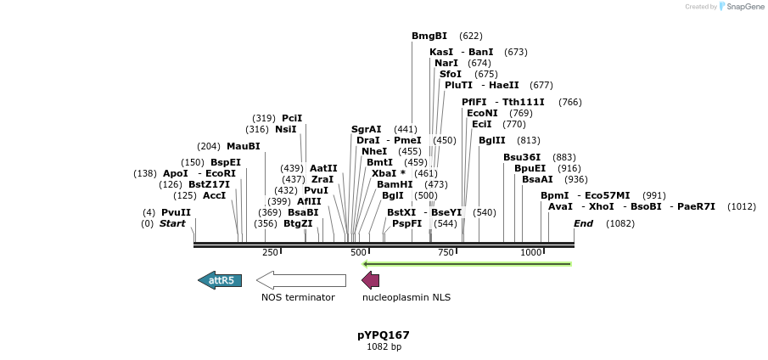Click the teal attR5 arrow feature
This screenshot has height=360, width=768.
220,280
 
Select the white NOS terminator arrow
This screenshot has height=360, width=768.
301,280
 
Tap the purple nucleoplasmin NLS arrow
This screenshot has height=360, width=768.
370,280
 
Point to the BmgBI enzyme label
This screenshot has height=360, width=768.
429,37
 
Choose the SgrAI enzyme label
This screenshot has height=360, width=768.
367,130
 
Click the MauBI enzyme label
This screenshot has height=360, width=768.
244,146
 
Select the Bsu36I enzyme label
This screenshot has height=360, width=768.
522,157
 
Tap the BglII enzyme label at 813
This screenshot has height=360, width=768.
492,141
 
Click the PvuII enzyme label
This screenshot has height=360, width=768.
177,212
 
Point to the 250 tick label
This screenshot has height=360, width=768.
270,252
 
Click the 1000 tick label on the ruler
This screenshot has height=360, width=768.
531,252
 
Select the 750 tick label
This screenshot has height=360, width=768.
446,252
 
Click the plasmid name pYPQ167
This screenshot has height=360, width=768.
384,335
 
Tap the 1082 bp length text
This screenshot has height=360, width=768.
384,346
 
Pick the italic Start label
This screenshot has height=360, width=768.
172,223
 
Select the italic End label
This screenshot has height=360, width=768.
583,223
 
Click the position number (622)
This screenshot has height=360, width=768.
470,37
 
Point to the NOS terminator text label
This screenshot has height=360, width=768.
298,297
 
